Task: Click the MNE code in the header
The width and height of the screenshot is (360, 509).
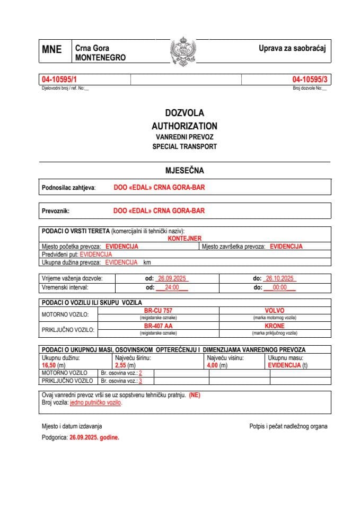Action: pos(52,50)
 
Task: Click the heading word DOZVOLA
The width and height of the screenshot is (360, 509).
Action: pos(184,113)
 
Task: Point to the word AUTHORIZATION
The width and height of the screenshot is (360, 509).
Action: pos(184,126)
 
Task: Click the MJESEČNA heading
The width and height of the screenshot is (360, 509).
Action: pos(184,171)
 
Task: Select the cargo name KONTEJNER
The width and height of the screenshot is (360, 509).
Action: pos(184,239)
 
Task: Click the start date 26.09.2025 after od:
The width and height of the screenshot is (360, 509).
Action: pos(170,278)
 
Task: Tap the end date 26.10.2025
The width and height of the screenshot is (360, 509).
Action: pos(280,278)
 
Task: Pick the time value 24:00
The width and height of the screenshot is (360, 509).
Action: pos(172,287)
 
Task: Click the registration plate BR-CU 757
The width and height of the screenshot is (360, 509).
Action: pos(158,311)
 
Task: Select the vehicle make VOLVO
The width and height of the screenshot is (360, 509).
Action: pos(274,311)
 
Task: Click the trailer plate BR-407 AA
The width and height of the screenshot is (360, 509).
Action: pos(158,326)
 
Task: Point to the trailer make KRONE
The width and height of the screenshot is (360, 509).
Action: pos(274,326)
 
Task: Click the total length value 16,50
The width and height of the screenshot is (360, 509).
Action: pos(49,365)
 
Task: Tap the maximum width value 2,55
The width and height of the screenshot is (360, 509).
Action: pos(121,365)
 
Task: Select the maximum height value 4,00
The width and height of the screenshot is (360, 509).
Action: pos(213,365)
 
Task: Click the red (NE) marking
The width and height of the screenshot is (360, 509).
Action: pos(194,395)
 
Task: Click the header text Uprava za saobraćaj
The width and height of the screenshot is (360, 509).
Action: pos(291,48)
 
